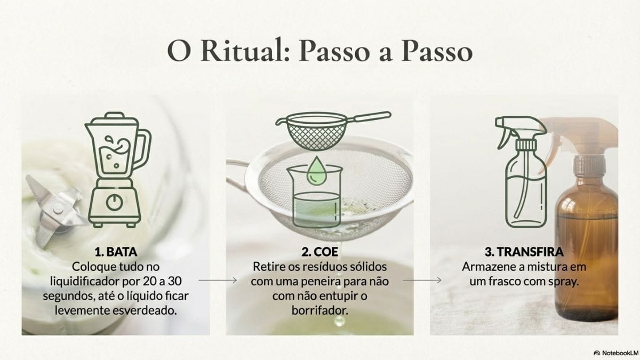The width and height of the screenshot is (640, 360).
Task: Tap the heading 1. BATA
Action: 116,252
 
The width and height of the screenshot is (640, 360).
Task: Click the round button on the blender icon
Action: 114,202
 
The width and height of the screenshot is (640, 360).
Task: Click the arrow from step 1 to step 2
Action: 217,279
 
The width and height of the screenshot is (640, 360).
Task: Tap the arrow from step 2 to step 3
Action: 422,279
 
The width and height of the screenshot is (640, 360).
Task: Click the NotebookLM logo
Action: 615,353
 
